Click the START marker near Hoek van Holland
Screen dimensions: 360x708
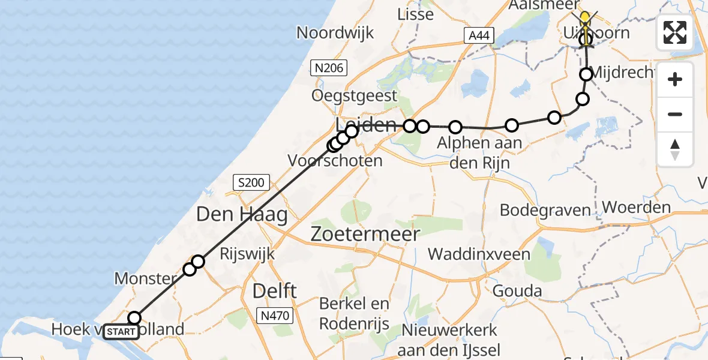(121, 331)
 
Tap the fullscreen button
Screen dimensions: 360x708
(675, 32)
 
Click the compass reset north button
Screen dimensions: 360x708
(675, 149)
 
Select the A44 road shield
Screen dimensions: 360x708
(479, 36)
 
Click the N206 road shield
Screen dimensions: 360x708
(329, 68)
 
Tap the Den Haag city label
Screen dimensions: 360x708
(242, 214)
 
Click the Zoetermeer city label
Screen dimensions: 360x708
(365, 234)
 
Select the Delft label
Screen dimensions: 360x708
(275, 291)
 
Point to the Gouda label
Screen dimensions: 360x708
(517, 291)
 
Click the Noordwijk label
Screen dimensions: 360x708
(335, 32)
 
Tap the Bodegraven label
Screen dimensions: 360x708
(545, 210)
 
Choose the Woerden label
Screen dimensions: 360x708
(636, 208)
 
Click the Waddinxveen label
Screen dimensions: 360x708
(479, 254)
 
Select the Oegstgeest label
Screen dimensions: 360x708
(354, 95)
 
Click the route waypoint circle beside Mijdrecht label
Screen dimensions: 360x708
(586, 74)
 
